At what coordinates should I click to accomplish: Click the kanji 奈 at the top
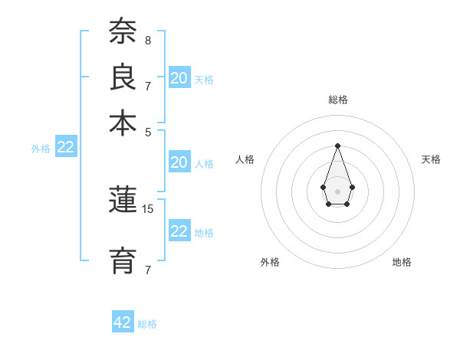123,31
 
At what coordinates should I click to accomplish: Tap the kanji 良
123,77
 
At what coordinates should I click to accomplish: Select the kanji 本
123,123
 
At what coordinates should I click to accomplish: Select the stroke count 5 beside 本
147,131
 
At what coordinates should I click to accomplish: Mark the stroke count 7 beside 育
147,269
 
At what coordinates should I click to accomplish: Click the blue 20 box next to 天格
179,78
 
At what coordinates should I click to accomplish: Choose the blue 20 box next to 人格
179,162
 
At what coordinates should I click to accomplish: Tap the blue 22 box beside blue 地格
179,231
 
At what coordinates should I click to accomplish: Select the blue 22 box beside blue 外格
65,148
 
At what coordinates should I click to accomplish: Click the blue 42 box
123,322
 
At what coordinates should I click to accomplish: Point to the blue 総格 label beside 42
147,324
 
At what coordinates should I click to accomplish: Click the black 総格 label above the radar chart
337,100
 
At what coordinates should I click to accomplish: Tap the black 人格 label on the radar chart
245,159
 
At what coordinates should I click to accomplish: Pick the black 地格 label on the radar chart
402,262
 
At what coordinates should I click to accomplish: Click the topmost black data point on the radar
337,146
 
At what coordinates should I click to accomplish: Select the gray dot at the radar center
337,191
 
